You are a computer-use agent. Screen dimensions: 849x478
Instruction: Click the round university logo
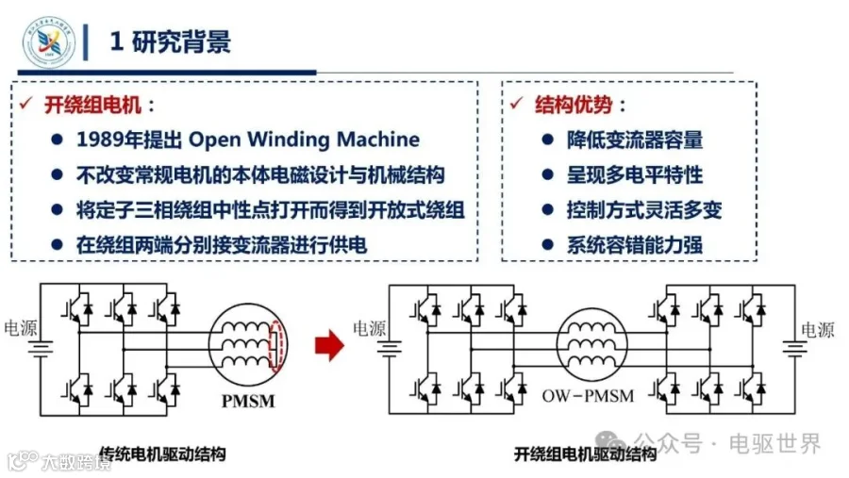click(49, 42)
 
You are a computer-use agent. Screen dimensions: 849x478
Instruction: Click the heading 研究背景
click(181, 42)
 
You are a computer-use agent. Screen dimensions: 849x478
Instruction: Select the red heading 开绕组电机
click(92, 105)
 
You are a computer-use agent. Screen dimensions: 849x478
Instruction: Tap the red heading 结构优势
click(574, 105)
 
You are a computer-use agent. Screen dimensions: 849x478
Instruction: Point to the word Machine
click(378, 140)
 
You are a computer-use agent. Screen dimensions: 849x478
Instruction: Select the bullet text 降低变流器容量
click(635, 140)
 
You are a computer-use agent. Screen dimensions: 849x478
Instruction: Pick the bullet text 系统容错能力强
click(635, 245)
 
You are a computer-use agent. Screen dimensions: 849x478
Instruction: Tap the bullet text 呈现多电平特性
click(635, 175)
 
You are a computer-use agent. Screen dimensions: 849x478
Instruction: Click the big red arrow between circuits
click(329, 345)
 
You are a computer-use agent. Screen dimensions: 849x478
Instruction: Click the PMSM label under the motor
click(248, 401)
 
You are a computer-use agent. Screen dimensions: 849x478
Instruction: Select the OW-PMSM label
click(588, 396)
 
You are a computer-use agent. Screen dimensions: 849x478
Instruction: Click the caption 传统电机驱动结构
click(162, 453)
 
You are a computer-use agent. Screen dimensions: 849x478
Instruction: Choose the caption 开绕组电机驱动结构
click(585, 453)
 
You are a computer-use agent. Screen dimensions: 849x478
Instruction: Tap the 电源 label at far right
click(818, 330)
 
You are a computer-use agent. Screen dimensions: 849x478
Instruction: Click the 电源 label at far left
click(21, 327)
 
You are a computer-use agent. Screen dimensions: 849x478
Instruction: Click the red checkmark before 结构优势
click(517, 103)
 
